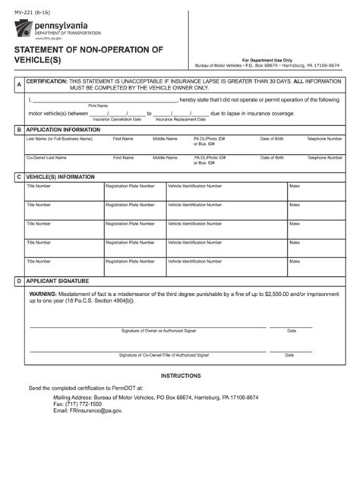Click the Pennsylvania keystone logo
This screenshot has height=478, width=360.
tap(24, 29)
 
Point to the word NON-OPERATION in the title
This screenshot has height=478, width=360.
tap(112, 49)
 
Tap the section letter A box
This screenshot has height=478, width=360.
tap(18, 85)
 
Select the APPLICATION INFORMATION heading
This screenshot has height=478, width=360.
tap(63, 130)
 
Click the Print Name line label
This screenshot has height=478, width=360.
tap(98, 105)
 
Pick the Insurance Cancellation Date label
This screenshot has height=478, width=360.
tap(117, 119)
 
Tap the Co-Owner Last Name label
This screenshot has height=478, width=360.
tap(46, 158)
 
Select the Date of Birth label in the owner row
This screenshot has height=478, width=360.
tap(272, 139)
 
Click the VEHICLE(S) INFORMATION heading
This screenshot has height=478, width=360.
tap(61, 177)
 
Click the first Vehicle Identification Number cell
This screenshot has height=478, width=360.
tap(226, 193)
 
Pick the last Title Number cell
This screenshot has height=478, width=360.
tap(64, 266)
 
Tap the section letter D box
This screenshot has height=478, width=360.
tap(18, 281)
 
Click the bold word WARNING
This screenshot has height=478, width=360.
tap(43, 293)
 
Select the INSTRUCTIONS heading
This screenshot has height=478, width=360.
tap(181, 376)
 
